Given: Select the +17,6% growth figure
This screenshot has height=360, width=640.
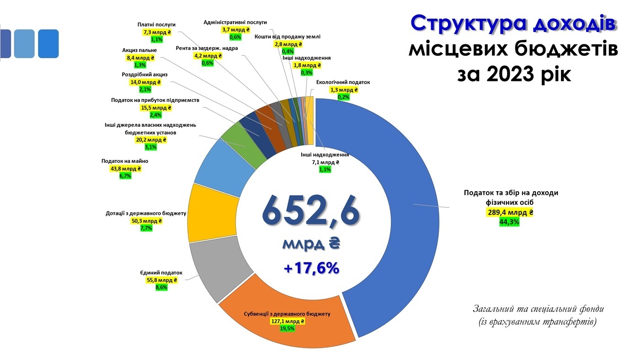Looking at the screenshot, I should click(x=311, y=268).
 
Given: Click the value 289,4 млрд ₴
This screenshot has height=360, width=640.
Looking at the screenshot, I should click(x=511, y=213).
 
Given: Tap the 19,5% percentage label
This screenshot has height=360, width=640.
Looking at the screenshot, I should click(x=288, y=328).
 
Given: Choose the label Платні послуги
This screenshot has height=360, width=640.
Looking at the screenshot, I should click(x=156, y=25).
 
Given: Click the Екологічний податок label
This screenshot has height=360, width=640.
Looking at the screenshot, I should click(x=343, y=82).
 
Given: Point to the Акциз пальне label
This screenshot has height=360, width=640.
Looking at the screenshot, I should click(x=139, y=50).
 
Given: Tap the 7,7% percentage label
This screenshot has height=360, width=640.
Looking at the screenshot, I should click(x=146, y=228).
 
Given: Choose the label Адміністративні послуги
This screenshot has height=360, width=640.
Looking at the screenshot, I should click(x=235, y=22).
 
